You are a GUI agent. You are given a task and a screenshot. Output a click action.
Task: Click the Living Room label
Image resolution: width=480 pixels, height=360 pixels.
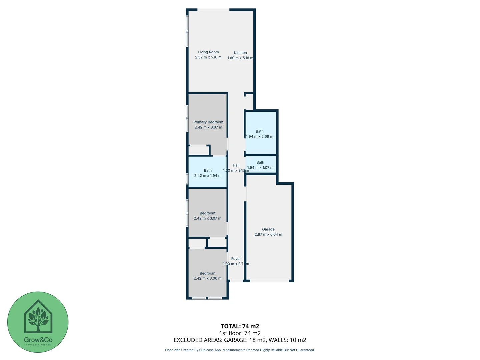[x=208, y=52]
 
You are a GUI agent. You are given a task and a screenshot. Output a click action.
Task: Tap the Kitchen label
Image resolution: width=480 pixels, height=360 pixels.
[x=240, y=53]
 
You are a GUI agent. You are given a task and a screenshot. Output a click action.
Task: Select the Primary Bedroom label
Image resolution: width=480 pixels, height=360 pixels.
[x=208, y=122]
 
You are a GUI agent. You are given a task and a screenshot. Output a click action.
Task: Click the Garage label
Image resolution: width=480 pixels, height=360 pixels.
[x=268, y=229]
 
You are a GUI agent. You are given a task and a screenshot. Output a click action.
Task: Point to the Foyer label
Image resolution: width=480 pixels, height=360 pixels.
[x=236, y=259]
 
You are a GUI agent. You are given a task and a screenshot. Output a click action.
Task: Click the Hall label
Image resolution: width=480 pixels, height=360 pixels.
[x=236, y=165]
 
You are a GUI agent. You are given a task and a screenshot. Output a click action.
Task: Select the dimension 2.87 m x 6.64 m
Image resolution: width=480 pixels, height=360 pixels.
[x=268, y=235]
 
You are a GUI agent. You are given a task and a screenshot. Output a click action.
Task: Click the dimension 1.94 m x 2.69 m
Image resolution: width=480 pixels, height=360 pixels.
[x=260, y=137]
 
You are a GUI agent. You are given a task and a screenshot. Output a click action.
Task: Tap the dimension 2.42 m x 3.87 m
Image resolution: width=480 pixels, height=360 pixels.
[x=208, y=127]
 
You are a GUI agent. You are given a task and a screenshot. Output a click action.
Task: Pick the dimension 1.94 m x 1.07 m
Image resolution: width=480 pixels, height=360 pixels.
[x=260, y=168]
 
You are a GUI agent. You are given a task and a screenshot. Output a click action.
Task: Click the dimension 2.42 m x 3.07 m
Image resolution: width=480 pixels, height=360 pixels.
[x=207, y=219]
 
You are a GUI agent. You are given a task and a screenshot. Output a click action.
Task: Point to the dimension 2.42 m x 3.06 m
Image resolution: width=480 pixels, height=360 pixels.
[x=207, y=279]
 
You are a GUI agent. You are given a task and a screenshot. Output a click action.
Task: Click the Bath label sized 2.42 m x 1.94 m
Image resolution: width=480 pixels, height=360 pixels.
[x=208, y=171]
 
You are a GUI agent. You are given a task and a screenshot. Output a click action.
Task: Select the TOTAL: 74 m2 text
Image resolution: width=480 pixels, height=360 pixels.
[x=240, y=326]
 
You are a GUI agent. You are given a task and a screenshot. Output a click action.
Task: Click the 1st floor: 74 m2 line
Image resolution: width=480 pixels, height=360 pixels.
[x=240, y=333]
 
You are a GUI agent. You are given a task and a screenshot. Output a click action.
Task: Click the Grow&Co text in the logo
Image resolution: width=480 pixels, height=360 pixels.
[x=38, y=340]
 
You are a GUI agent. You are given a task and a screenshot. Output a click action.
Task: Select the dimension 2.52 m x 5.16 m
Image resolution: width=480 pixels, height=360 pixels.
[x=208, y=57]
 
